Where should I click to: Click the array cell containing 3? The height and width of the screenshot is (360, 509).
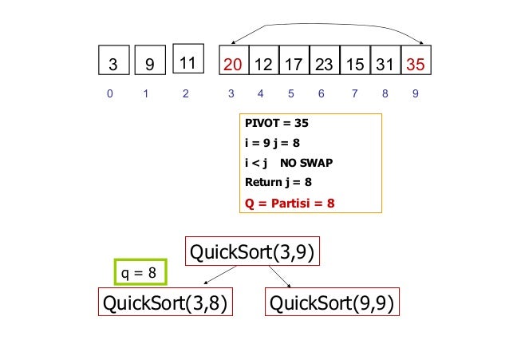pyautogui.click(x=112, y=63)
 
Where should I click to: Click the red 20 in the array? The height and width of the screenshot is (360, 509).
pyautogui.click(x=234, y=63)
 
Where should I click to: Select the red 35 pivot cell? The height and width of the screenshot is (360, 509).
pyautogui.click(x=416, y=63)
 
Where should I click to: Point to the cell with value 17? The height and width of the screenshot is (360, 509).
pyautogui.click(x=294, y=63)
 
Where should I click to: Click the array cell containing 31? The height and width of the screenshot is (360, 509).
pyautogui.click(x=385, y=63)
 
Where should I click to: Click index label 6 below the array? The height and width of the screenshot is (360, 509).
pyautogui.click(x=321, y=94)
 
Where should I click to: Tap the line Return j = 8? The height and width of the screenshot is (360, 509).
pyautogui.click(x=278, y=182)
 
